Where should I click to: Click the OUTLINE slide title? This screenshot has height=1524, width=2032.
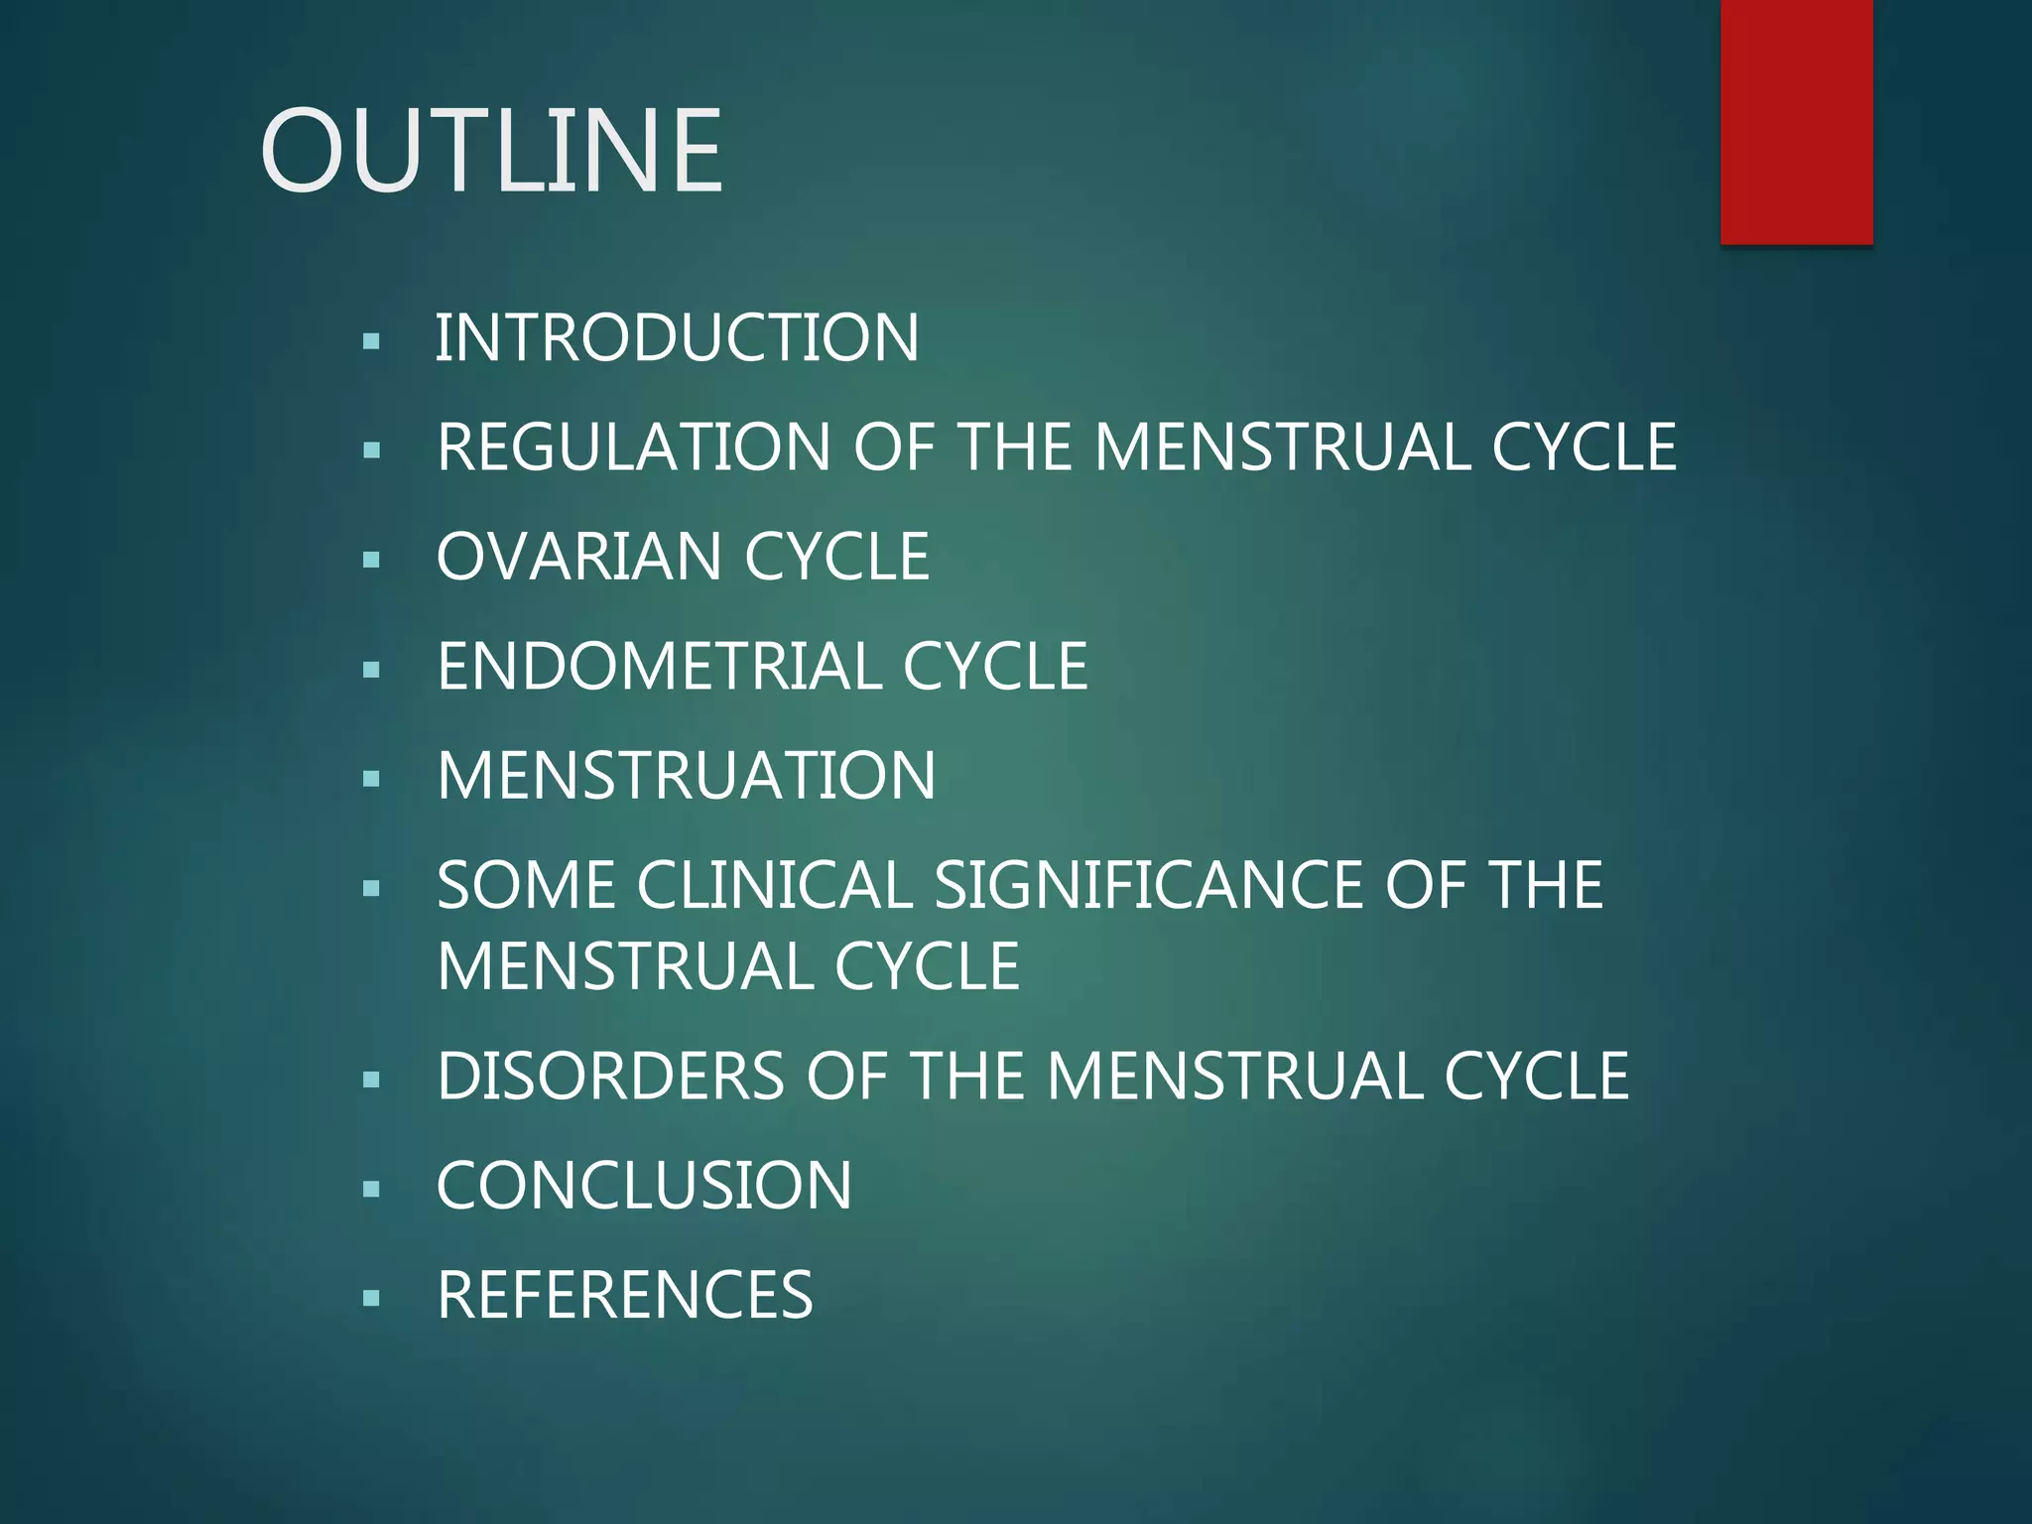491,151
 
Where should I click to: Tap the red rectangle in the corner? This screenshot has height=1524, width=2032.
1796,121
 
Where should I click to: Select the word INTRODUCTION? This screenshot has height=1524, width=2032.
677,338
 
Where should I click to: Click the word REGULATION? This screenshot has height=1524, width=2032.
633,447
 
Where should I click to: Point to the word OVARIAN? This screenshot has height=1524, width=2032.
578,557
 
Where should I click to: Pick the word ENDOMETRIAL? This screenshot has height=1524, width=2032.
659,666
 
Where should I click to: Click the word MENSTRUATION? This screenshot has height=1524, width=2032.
686,775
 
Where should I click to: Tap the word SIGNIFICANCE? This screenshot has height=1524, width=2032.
1148,885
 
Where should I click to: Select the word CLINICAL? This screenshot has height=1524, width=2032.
775,885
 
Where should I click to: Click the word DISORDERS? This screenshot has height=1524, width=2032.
610,1077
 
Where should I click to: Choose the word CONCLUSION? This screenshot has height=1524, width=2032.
644,1186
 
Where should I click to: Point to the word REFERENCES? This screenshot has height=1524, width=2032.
625,1295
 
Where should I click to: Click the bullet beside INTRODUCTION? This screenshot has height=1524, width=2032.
372,342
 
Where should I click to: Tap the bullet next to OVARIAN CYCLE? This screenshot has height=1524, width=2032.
372,561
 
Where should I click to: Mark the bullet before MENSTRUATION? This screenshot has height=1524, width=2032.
372,779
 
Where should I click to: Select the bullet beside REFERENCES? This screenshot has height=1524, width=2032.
372,1298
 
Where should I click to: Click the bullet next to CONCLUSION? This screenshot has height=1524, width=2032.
372,1189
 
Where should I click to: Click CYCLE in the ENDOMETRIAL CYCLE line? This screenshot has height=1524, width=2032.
994,666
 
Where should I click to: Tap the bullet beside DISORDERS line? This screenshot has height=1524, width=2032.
372,1079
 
